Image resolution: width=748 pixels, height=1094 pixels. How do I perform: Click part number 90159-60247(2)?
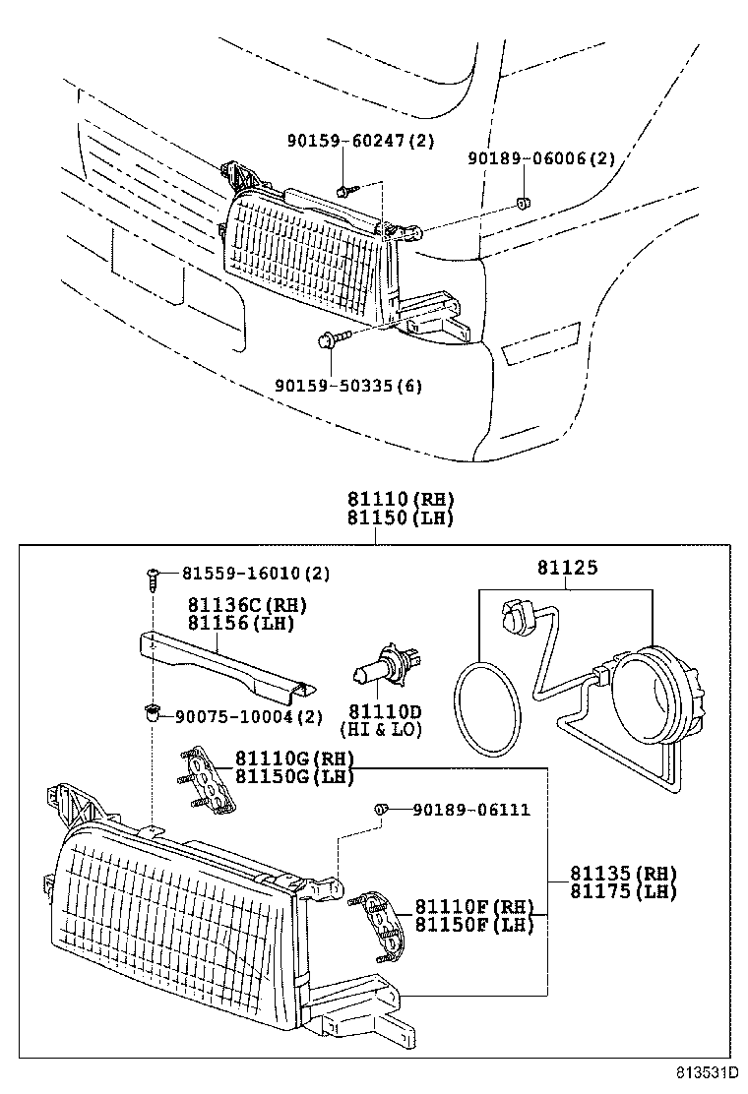pyautogui.click(x=359, y=142)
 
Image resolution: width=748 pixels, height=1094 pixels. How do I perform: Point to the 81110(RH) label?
pyautogui.click(x=399, y=499)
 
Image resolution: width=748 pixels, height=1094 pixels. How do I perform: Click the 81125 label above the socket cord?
pyautogui.click(x=567, y=568)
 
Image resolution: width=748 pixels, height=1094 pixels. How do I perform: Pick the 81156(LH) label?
pyautogui.click(x=240, y=624)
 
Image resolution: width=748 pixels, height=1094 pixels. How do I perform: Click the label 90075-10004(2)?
pyautogui.click(x=248, y=716)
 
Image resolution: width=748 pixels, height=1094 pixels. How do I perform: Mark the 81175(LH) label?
pyautogui.click(x=623, y=892)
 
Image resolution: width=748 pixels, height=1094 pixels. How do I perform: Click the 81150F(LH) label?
pyautogui.click(x=473, y=925)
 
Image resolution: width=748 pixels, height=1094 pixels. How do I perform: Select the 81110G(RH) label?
pyautogui.click(x=293, y=759)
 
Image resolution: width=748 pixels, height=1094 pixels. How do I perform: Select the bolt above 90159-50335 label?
pyautogui.click(x=329, y=342)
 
